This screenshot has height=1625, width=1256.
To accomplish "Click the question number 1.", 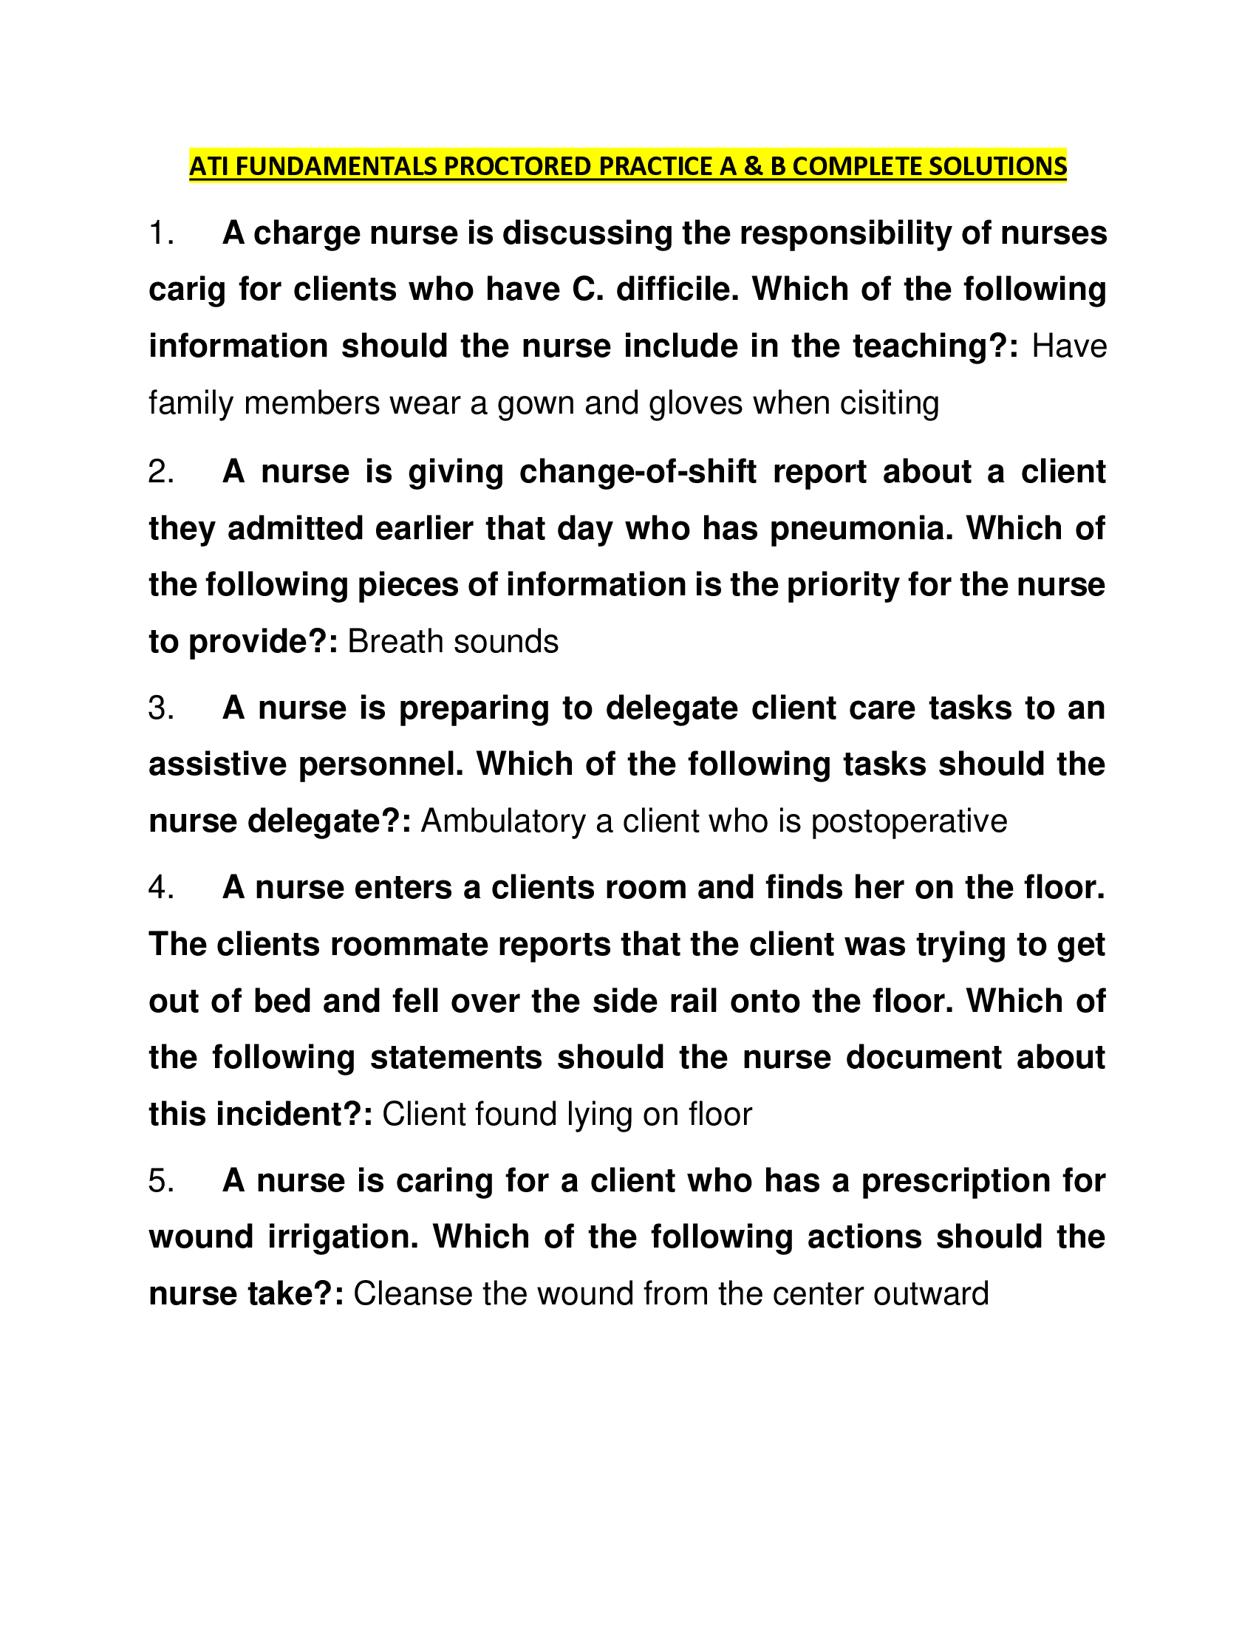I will [160, 233].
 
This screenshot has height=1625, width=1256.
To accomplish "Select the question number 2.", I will [160, 472].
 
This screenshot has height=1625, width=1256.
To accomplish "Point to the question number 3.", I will [160, 708].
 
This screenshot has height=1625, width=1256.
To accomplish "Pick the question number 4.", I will [160, 887].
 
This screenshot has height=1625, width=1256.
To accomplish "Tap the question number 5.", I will [160, 1180].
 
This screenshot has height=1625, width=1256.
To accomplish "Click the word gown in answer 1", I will [535, 404].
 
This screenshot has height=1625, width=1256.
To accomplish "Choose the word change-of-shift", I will [638, 472].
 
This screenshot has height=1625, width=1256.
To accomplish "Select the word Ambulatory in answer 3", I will [504, 821].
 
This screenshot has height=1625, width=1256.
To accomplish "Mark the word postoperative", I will [909, 821].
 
